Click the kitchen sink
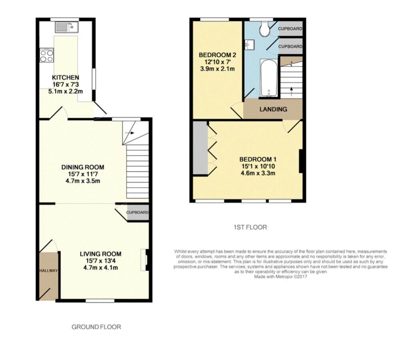67,27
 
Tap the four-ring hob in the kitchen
46,55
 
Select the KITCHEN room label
65,77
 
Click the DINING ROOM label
82,167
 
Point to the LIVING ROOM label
100,254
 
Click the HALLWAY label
49,271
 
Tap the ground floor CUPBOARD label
138,212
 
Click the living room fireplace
146,262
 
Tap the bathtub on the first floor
268,78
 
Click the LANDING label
273,109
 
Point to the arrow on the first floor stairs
291,90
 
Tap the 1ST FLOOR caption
250,227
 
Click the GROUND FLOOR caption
96,327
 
